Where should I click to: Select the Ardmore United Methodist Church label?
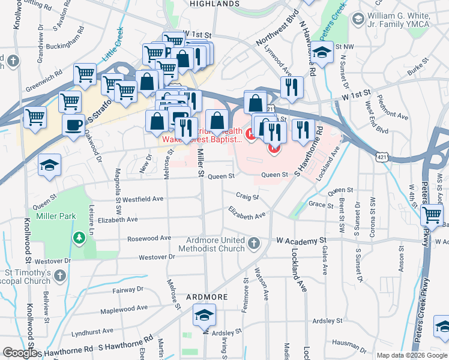click(215, 244)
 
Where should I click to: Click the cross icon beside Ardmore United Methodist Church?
click(254, 244)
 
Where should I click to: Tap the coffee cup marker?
click(74, 125)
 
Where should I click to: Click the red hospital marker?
click(274, 146)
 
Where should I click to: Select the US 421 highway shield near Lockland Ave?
click(382, 157)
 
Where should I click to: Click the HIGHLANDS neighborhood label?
click(214, 4)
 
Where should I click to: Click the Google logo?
click(20, 353)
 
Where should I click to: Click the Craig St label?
click(247, 196)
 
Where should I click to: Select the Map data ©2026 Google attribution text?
click(411, 355)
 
